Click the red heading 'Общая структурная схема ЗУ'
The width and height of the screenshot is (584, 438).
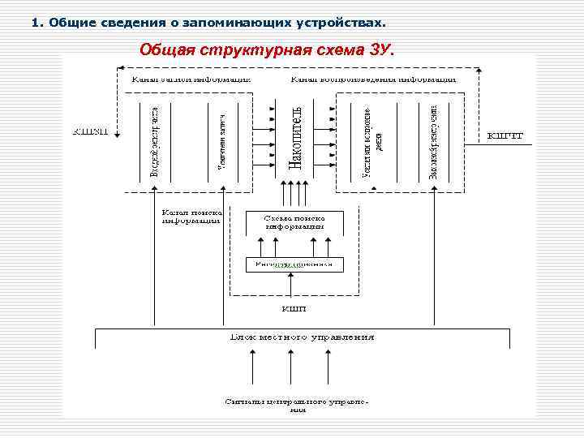pos(265,49)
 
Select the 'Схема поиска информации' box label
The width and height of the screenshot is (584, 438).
pos(294,223)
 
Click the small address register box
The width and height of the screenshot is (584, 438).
pos(294,264)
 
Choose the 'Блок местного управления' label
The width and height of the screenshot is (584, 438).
pos(303,336)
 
